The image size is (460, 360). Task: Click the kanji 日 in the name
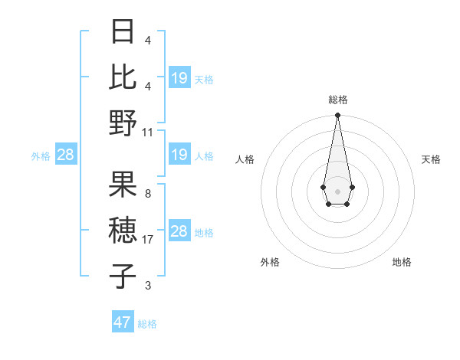[123, 33]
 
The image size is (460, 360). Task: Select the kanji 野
[123, 123]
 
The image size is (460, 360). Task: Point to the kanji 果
[123, 184]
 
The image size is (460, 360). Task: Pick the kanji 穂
[123, 230]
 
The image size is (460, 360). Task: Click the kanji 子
[123, 276]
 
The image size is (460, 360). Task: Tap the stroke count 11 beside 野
[148, 132]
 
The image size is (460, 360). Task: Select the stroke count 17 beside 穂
[148, 240]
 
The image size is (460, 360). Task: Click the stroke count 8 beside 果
[148, 193]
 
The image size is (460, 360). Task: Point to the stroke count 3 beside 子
[148, 286]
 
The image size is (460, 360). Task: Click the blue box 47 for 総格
[123, 322]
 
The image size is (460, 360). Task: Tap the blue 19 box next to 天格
[179, 77]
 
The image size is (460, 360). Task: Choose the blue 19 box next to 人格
[179, 155]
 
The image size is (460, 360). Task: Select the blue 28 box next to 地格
[179, 232]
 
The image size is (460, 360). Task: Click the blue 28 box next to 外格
[66, 155]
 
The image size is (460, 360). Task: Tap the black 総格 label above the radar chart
[338, 100]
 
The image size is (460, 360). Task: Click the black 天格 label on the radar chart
[431, 159]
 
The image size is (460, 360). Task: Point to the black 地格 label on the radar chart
[402, 262]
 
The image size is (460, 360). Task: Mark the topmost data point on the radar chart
[337, 115]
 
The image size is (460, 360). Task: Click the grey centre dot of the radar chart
[337, 191]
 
